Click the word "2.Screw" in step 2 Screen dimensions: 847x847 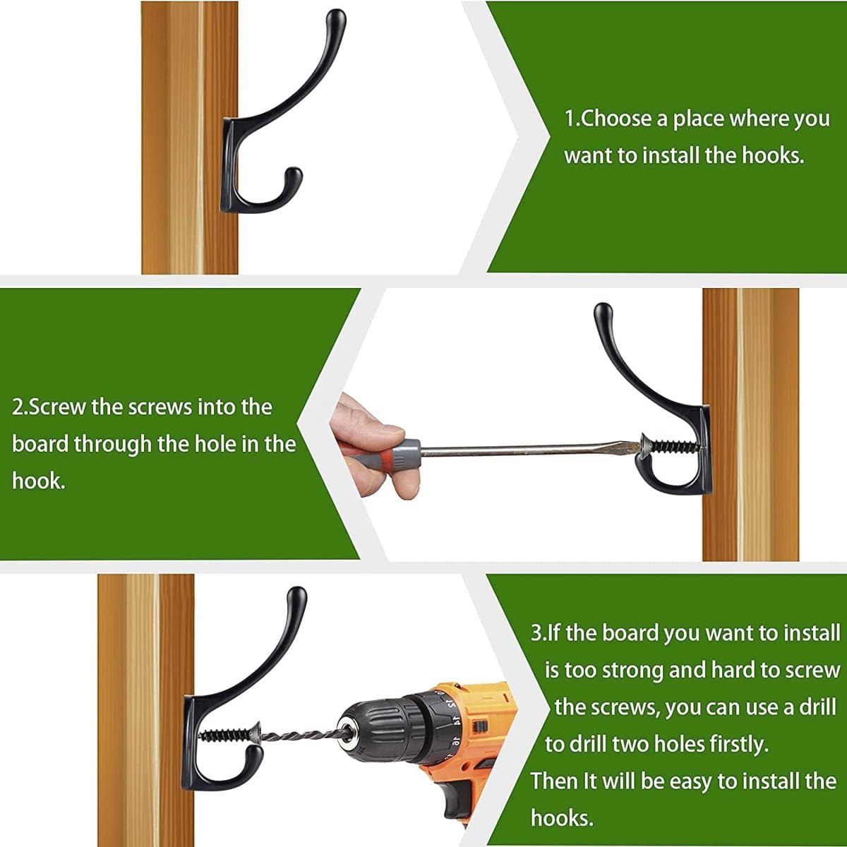pos(49,407)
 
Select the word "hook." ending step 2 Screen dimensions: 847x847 pos(39,481)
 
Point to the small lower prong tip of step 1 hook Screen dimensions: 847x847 pos(294,174)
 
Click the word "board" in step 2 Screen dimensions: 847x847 pos(40,444)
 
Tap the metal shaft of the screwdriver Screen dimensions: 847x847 pos(527,448)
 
